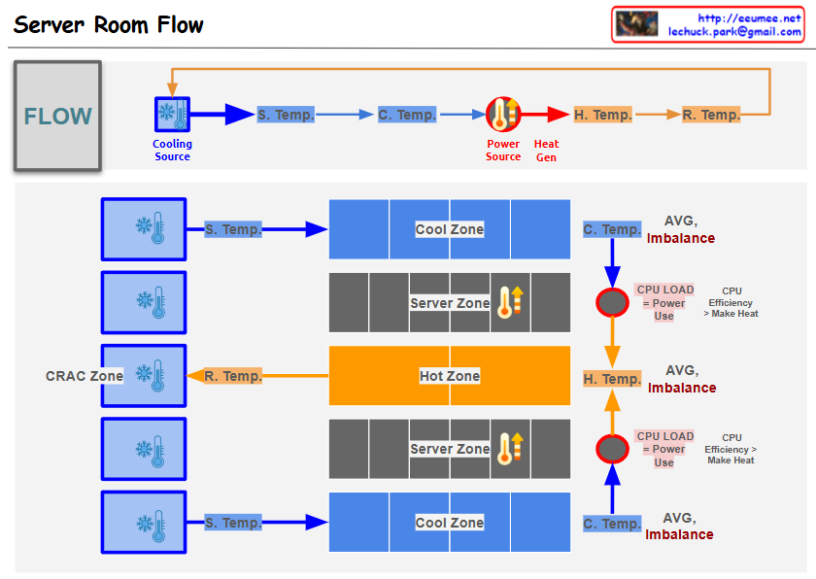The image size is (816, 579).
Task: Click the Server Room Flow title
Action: point(109,25)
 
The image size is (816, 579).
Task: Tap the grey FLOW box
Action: point(57,117)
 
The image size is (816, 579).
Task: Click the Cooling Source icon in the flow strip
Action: point(172,115)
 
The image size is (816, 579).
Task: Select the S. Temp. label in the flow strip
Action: point(286,115)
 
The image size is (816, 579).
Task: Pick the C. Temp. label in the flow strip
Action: point(407,115)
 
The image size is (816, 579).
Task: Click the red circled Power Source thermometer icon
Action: point(503,115)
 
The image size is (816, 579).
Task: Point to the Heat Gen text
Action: point(546,151)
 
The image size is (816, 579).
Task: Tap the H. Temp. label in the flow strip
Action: point(602,115)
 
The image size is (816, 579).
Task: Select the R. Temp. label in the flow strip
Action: point(710,115)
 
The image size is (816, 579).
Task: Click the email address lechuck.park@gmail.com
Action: point(734,32)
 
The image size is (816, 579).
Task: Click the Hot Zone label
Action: point(449,376)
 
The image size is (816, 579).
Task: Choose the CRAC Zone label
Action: point(85,376)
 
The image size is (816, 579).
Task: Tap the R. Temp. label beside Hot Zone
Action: point(233,376)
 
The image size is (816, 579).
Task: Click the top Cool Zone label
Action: point(449,229)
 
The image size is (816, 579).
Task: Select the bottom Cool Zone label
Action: point(449,523)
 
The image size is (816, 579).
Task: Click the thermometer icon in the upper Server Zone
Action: point(509,302)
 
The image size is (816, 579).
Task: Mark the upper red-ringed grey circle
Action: point(612,303)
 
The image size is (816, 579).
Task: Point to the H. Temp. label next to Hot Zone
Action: point(611,379)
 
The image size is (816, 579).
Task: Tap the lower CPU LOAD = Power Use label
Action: point(664,449)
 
